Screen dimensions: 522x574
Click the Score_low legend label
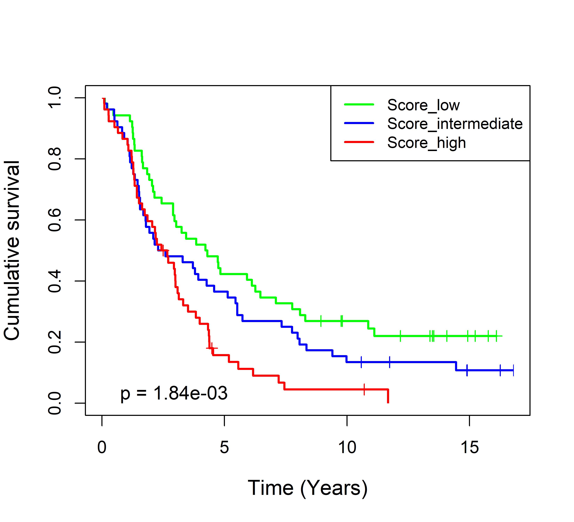tap(423, 105)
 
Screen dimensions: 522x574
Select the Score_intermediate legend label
tap(455, 124)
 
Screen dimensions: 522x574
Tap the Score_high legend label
tap(426, 143)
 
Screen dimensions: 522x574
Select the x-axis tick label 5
tap(224, 447)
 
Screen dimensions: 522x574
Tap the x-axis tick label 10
tap(347, 447)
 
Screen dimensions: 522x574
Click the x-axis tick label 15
tap(469, 447)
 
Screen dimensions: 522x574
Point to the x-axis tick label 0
tap(102, 447)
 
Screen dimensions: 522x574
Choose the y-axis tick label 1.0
tap(55, 98)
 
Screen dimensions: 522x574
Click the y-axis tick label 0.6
tap(55, 220)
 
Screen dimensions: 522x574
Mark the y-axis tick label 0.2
tap(55, 342)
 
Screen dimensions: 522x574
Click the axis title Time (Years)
tap(308, 488)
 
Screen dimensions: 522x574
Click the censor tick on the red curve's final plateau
tap(364, 389)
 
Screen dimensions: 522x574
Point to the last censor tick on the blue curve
tap(513, 370)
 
